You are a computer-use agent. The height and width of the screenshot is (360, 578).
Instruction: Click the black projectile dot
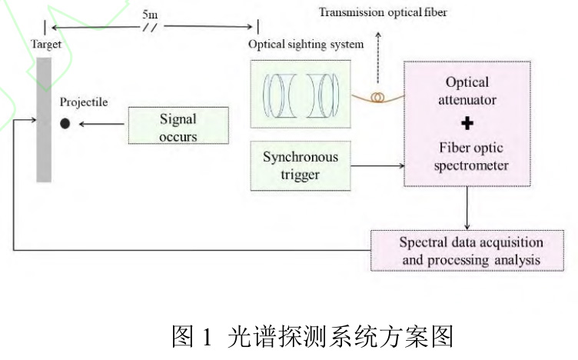[65, 123]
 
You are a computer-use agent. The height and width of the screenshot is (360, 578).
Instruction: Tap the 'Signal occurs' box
[178, 128]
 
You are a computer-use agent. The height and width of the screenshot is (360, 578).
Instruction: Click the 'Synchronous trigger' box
[301, 166]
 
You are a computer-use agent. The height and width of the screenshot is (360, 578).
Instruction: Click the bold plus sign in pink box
[467, 123]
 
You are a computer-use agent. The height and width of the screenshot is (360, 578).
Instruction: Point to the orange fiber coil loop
[377, 98]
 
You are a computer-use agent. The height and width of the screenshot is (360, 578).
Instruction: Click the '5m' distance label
[150, 13]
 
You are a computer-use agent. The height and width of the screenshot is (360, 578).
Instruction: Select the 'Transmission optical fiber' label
[383, 12]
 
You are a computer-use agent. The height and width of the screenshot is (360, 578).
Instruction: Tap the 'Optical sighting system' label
[306, 44]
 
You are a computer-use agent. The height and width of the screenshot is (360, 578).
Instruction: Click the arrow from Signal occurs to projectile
[100, 123]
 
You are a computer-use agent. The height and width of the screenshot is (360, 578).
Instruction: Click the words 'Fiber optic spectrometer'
[467, 155]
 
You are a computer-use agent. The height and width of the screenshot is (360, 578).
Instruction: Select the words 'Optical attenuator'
[467, 91]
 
